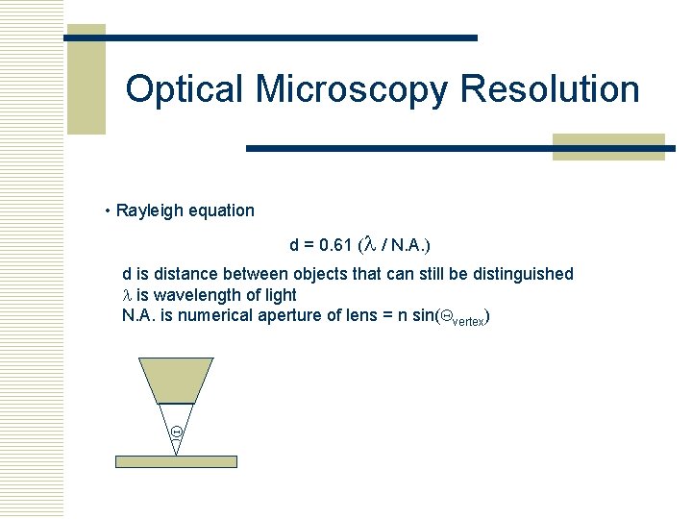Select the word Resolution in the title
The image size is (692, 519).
(550, 89)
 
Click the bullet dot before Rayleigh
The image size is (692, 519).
(109, 210)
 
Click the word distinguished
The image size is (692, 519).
(522, 274)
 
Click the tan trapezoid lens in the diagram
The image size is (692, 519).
(176, 379)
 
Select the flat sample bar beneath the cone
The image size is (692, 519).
(176, 461)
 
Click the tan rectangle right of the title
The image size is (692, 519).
(608, 146)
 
